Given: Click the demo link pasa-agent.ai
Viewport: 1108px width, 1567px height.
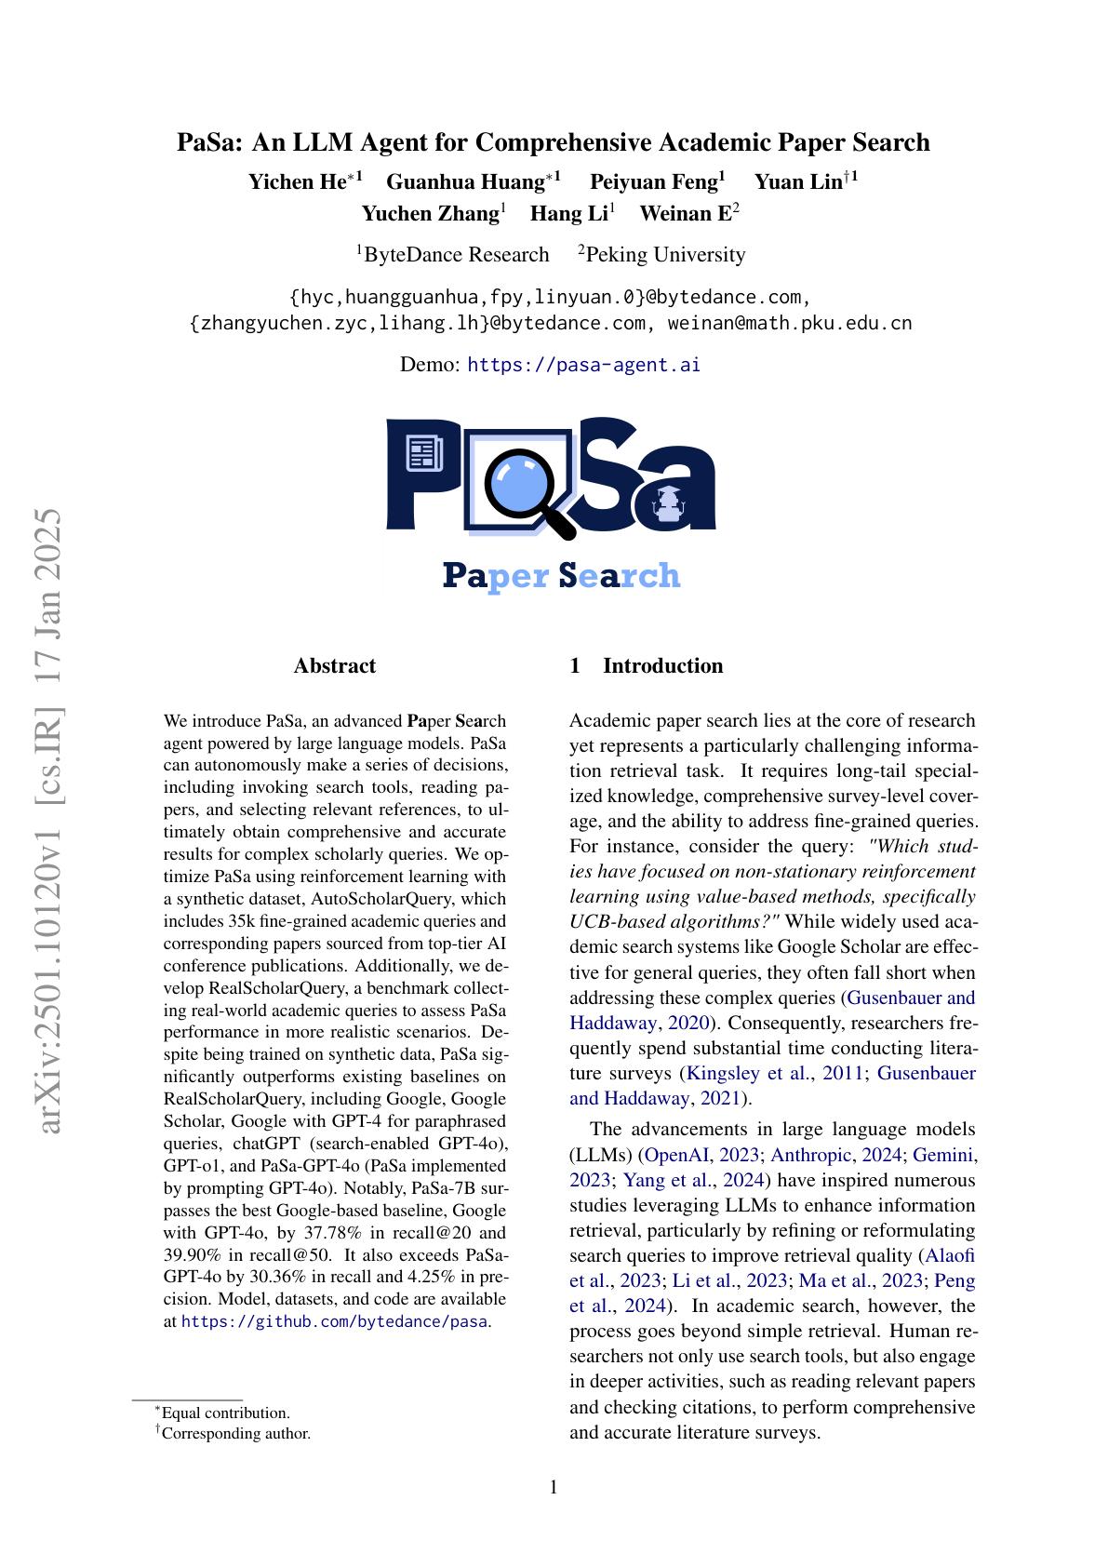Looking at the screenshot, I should pyautogui.click(x=583, y=365).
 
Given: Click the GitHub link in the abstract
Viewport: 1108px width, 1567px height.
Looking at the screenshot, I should pyautogui.click(x=334, y=1321).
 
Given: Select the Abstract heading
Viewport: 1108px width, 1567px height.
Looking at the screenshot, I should pyautogui.click(x=334, y=665).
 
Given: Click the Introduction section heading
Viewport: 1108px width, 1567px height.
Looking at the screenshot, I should pyautogui.click(x=662, y=665).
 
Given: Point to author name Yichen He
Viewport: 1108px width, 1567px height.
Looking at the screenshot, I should pyautogui.click(x=297, y=181).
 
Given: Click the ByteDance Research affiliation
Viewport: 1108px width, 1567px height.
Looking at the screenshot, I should pyautogui.click(x=456, y=255).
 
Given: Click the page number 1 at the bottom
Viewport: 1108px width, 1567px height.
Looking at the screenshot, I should pyautogui.click(x=554, y=1487).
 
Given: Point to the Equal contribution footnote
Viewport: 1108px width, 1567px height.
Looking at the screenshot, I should pyautogui.click(x=225, y=1413).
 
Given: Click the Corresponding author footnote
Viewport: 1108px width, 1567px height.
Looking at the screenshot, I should pyautogui.click(x=235, y=1433).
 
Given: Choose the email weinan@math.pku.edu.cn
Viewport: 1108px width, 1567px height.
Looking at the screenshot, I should pyautogui.click(x=790, y=323).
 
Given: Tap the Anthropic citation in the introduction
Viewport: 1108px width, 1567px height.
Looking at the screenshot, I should pyautogui.click(x=811, y=1155).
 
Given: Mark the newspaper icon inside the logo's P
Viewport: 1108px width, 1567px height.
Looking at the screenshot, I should pyautogui.click(x=423, y=454).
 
